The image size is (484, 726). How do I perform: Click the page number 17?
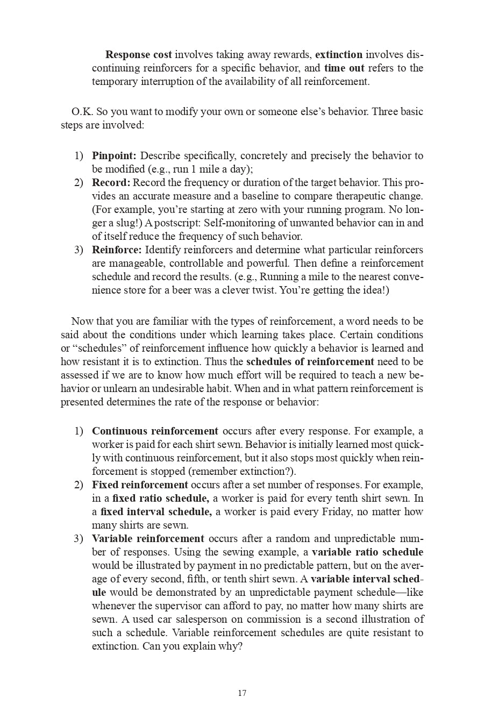click(242, 693)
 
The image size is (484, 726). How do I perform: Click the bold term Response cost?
click(139, 54)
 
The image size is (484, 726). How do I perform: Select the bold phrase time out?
click(344, 68)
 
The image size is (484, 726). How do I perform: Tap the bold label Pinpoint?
click(114, 155)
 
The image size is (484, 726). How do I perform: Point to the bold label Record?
click(111, 182)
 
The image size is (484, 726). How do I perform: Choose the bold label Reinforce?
click(117, 250)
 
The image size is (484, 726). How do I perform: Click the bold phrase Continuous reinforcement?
click(155, 431)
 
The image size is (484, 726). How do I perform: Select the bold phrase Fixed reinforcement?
click(140, 485)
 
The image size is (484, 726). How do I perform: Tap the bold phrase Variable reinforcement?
click(148, 538)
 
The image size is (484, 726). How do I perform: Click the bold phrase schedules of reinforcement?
click(310, 361)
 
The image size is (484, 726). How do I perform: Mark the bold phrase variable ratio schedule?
click(367, 552)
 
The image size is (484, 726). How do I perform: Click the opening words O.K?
click(80, 111)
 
